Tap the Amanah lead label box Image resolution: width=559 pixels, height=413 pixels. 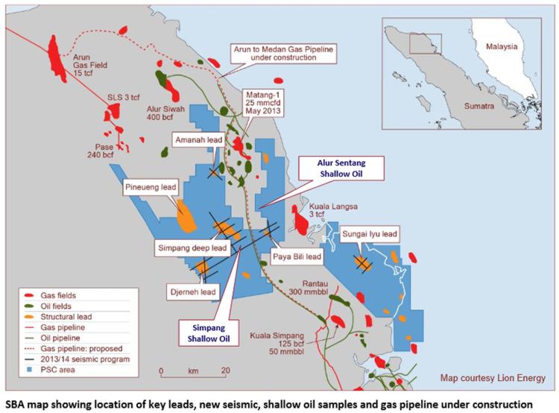(x=198, y=140)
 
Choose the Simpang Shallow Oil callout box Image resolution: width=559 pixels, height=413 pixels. (x=208, y=332)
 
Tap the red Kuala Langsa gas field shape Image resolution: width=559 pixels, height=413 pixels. (x=303, y=219)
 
